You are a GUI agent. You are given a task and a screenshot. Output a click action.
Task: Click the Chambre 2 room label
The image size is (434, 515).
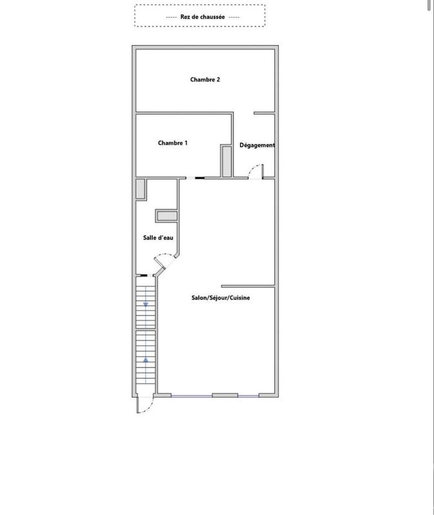[205, 80]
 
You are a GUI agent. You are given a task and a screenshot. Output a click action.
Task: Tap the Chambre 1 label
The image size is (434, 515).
[173, 143]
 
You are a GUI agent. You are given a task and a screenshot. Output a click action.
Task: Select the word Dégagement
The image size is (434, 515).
[257, 145]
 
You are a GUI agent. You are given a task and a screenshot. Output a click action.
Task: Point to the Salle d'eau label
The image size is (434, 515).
[158, 238]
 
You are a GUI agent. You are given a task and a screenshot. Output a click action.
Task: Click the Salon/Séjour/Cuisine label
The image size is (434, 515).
[221, 297]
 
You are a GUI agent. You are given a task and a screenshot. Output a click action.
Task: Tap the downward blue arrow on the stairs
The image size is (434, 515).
[146, 303]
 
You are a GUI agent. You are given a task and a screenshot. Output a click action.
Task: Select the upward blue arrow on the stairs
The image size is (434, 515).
[146, 360]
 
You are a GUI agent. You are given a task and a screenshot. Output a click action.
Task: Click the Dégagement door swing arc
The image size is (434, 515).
[254, 170]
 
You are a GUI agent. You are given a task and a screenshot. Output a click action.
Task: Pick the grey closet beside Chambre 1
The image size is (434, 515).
[226, 161]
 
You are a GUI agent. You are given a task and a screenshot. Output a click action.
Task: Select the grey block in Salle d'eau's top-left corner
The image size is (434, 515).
[140, 189]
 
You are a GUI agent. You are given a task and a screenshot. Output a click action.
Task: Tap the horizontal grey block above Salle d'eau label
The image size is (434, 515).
[166, 216]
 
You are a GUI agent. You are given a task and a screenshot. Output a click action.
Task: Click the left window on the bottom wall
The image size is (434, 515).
[185, 395]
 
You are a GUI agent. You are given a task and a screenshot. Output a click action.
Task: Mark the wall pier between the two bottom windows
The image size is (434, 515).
[225, 395]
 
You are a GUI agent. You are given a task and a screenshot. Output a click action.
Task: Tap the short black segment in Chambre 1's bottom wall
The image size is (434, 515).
[200, 178]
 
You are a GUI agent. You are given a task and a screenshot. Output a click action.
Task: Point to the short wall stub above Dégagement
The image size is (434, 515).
[264, 114]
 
